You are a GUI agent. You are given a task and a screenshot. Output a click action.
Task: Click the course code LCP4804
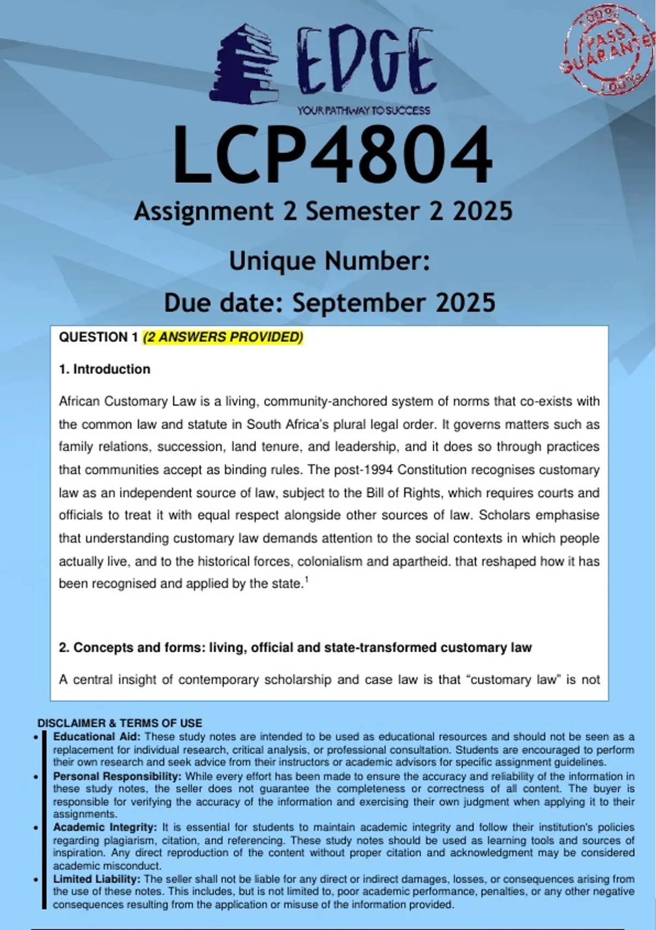click(x=332, y=155)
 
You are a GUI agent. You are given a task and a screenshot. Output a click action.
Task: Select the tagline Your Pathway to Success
click(x=364, y=111)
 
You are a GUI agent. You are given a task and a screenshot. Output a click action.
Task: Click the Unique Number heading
click(x=329, y=261)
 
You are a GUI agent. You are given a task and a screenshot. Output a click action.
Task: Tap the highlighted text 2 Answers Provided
click(x=223, y=337)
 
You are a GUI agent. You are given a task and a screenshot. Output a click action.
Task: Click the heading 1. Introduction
click(x=104, y=369)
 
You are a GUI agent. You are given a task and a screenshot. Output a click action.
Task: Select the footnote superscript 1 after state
click(x=306, y=580)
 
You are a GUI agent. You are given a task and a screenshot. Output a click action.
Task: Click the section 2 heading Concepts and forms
click(x=295, y=648)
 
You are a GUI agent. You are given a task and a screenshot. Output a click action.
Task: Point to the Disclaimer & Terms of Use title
click(x=120, y=723)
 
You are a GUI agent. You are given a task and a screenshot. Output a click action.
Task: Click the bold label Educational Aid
click(x=97, y=736)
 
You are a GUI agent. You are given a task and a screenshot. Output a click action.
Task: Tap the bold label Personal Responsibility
click(x=117, y=776)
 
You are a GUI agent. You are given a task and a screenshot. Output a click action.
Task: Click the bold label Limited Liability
click(x=97, y=879)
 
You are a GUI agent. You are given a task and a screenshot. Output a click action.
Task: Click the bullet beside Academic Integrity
click(x=36, y=828)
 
